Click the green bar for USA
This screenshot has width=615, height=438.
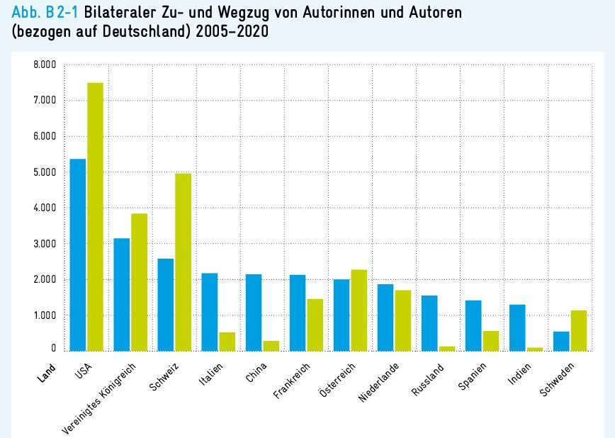[x=95, y=216]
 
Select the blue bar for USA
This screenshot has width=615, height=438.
[x=77, y=254]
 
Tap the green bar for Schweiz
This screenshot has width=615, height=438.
[x=183, y=262]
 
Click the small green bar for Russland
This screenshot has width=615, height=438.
[x=446, y=348]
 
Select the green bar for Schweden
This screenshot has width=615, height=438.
[x=578, y=330]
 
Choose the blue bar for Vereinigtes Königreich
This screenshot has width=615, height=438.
[x=121, y=294]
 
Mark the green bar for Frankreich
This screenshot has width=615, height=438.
[x=315, y=325]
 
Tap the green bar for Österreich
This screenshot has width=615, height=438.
[x=359, y=310]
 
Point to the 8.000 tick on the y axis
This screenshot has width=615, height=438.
[x=43, y=65]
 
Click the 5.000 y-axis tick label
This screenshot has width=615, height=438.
[x=43, y=172]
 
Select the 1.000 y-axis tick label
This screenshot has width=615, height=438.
[x=43, y=315]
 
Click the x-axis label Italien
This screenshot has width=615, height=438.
[x=211, y=374]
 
